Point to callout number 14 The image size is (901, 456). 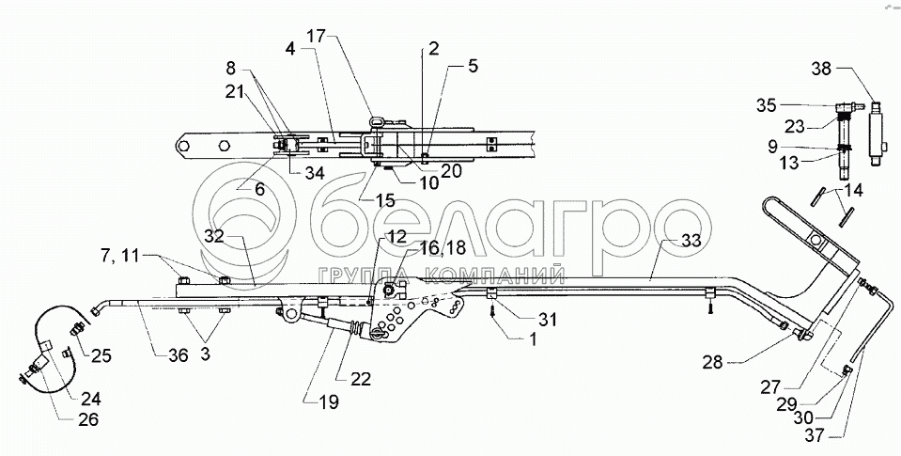coord(853,191)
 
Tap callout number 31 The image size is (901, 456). coord(548,318)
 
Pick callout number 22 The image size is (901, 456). coord(361,378)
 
